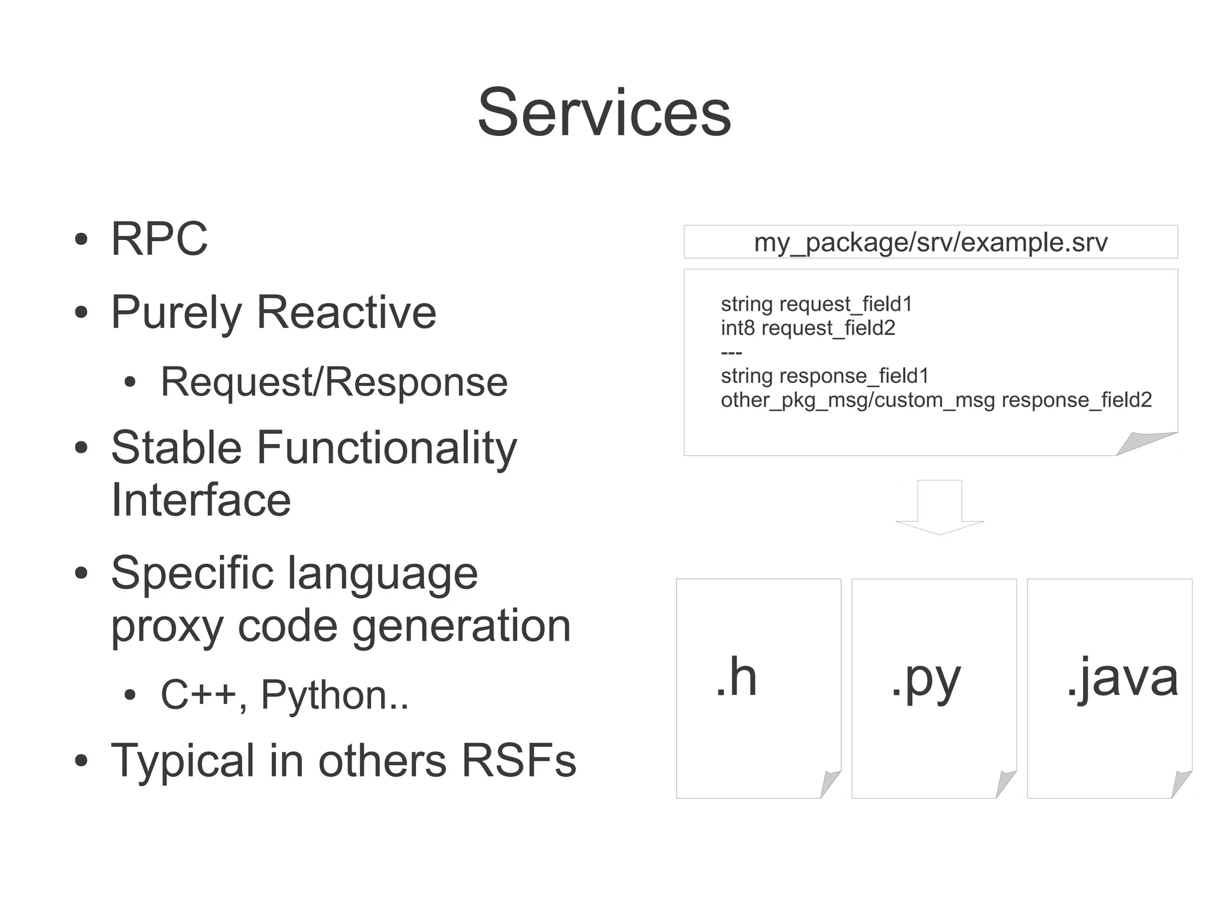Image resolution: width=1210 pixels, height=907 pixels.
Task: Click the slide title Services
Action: (604, 112)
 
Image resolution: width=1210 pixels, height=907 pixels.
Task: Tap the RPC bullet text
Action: (159, 239)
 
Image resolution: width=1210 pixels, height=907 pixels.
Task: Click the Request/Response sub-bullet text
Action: (334, 382)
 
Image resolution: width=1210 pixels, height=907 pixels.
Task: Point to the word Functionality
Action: (386, 447)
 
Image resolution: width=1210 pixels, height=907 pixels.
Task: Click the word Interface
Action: (201, 500)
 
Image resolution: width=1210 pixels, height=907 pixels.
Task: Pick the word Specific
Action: (192, 573)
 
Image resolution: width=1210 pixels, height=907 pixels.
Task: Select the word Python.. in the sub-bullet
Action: (334, 695)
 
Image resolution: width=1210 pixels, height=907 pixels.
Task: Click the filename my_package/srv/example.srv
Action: (931, 242)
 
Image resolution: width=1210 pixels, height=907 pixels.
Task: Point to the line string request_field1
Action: (817, 304)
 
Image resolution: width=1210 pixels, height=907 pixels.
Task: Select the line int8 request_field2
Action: (808, 328)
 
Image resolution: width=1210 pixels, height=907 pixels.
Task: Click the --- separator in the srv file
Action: (731, 353)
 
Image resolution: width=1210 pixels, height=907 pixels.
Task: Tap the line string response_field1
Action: (825, 376)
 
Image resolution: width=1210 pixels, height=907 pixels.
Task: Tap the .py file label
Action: (926, 680)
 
